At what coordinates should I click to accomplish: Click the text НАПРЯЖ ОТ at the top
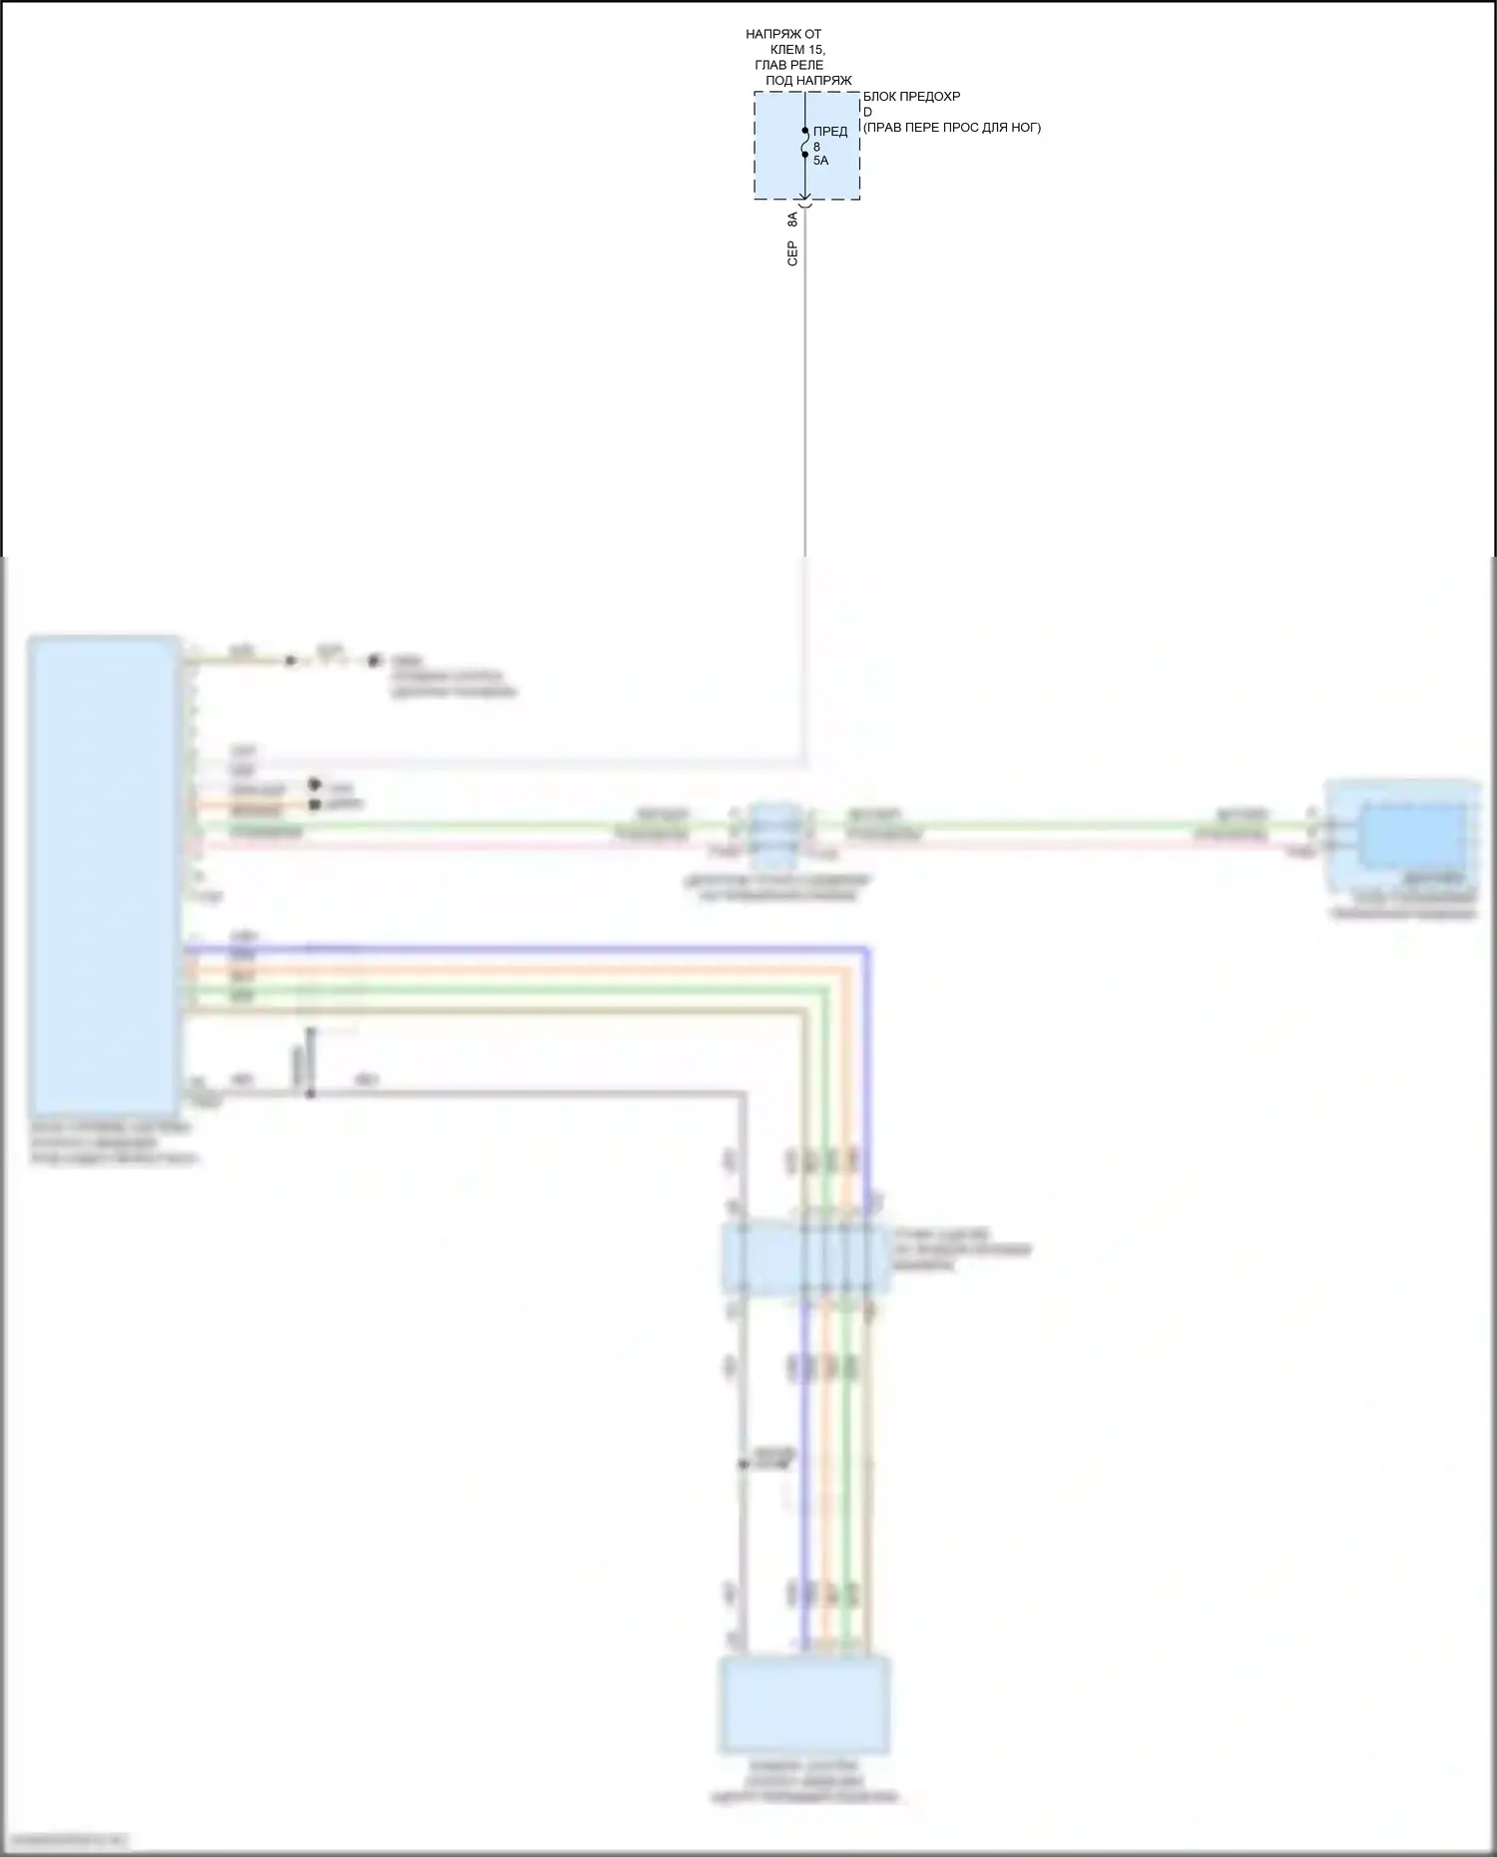783,35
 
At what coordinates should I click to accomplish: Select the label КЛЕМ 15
798,50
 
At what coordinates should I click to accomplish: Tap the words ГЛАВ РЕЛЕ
788,65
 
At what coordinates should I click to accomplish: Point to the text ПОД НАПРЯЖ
808,80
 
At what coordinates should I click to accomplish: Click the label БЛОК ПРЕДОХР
911,97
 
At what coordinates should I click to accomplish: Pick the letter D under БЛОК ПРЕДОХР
867,112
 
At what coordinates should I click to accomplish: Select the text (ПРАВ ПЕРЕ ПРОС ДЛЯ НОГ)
951,127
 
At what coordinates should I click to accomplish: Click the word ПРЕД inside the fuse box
830,132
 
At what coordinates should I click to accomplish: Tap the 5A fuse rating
820,160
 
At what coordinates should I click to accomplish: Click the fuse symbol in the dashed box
805,143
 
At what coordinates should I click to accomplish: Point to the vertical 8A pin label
792,220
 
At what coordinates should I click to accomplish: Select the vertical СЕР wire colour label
792,252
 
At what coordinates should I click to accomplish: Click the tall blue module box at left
105,874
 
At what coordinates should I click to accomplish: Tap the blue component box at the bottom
804,1705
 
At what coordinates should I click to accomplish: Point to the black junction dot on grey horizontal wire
309,1095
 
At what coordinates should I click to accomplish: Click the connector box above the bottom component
804,1259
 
